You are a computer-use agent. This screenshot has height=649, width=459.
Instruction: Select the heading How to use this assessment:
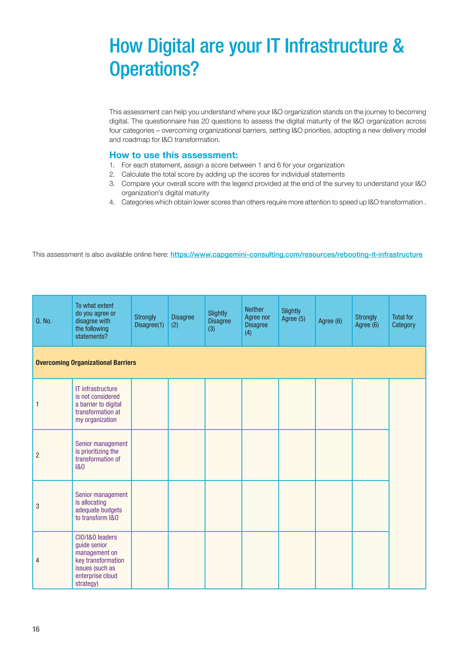point(173,155)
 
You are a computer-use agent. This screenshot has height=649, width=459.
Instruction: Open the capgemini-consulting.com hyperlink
point(296,254)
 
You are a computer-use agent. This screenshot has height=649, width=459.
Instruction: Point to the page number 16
point(36,629)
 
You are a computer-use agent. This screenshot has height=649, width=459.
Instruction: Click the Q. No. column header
point(44,321)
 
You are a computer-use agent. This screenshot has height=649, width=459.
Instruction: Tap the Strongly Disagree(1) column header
point(149,321)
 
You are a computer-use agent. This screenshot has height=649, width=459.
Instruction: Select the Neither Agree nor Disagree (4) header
point(257,321)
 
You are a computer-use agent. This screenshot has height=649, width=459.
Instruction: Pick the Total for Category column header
point(404,321)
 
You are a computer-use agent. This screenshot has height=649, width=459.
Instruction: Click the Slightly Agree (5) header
point(293,315)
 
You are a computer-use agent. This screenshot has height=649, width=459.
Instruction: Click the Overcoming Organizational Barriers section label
point(86,362)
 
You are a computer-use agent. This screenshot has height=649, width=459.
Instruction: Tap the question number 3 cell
point(38,506)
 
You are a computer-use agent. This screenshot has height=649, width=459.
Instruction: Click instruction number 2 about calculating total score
point(233,174)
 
